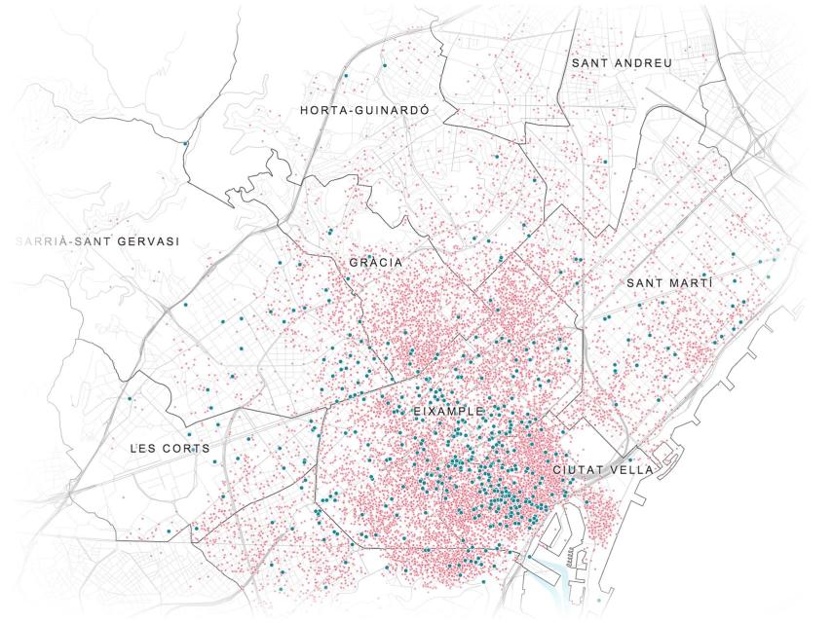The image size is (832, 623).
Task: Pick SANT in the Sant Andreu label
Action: [590, 62]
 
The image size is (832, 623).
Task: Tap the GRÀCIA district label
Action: [376, 263]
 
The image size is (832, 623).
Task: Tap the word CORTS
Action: [184, 450]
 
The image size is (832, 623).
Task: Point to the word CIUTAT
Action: [581, 470]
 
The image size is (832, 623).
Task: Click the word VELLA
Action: [633, 470]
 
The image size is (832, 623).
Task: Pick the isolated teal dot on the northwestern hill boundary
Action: [185, 144]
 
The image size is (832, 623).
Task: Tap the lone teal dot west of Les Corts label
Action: [130, 398]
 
